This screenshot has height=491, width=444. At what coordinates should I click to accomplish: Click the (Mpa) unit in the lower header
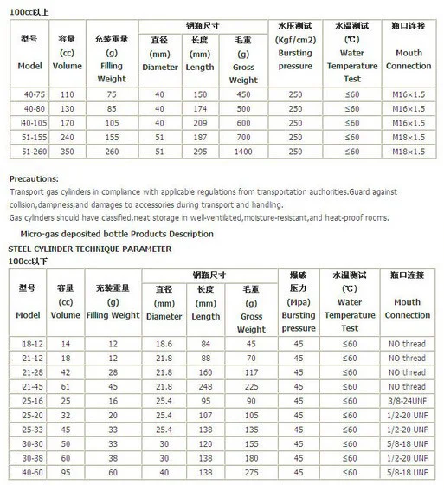[299, 302]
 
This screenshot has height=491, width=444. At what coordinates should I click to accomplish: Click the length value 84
[205, 344]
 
